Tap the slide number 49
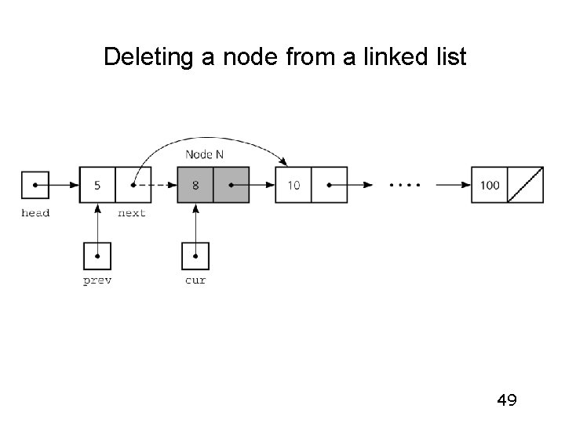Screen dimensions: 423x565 pyautogui.click(x=507, y=401)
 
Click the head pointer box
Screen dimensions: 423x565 pyautogui.click(x=35, y=186)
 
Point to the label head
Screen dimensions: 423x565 pyautogui.click(x=35, y=213)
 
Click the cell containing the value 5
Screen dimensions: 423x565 pyautogui.click(x=97, y=186)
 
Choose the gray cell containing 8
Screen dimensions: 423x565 pyautogui.click(x=195, y=186)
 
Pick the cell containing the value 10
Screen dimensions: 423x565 pyautogui.click(x=293, y=186)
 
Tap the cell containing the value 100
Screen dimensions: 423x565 pyautogui.click(x=489, y=186)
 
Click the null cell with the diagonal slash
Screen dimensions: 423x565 pyautogui.click(x=525, y=186)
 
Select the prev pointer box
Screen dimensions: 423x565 pyautogui.click(x=97, y=255)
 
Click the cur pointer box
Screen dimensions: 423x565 pyautogui.click(x=195, y=255)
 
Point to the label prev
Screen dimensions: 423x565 pyautogui.click(x=97, y=280)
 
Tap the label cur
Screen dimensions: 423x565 pyautogui.click(x=195, y=280)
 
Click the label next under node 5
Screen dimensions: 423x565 pyautogui.click(x=131, y=213)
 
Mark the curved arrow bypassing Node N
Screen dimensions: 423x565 pyautogui.click(x=212, y=141)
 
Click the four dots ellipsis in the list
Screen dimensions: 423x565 pyautogui.click(x=405, y=186)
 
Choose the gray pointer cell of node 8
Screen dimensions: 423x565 pyautogui.click(x=231, y=186)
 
